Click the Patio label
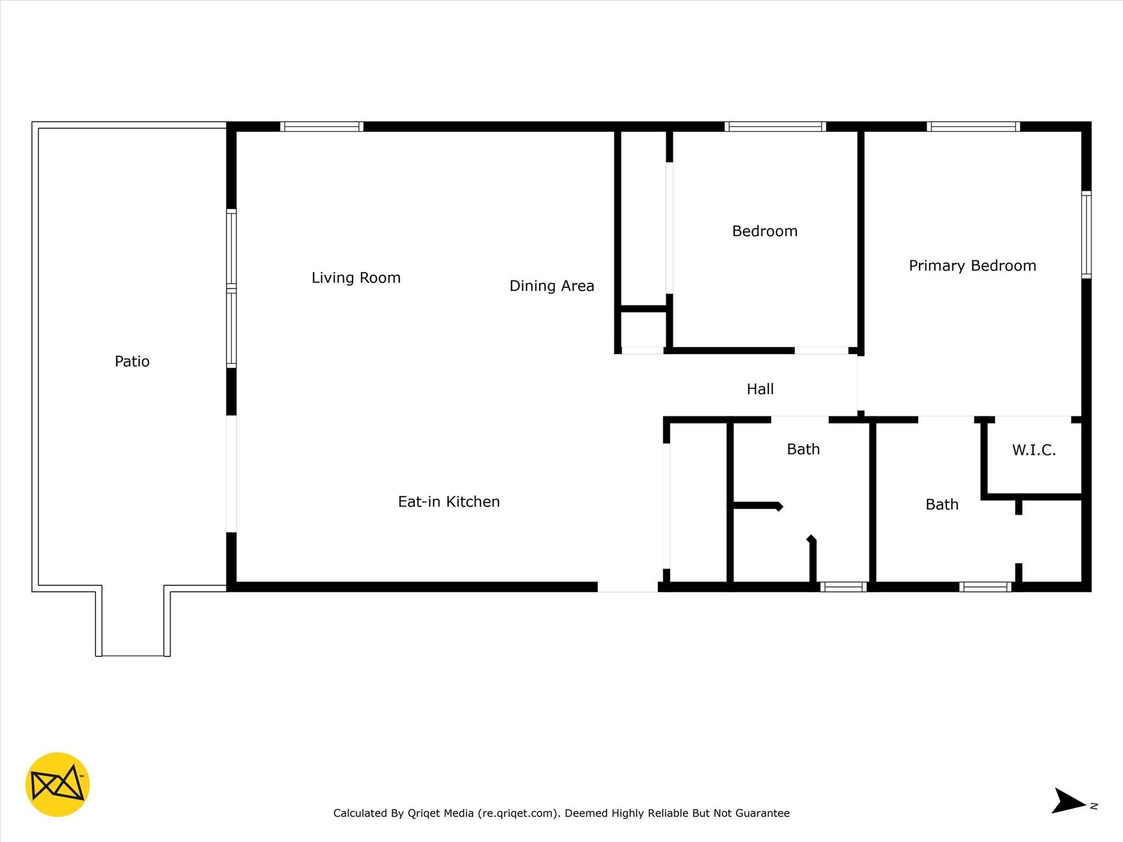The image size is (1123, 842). pyautogui.click(x=132, y=361)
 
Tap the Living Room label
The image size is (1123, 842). pyautogui.click(x=356, y=278)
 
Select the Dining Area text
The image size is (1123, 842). pyautogui.click(x=552, y=286)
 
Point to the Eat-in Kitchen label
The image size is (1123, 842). pyautogui.click(x=449, y=502)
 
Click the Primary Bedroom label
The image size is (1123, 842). pyautogui.click(x=973, y=266)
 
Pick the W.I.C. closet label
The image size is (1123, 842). pyautogui.click(x=1034, y=450)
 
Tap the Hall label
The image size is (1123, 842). pyautogui.click(x=760, y=389)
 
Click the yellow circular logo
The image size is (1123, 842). pyautogui.click(x=58, y=784)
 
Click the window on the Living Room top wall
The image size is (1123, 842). pyautogui.click(x=322, y=127)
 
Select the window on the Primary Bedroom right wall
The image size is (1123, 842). pyautogui.click(x=1086, y=235)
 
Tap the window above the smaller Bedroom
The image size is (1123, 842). pyautogui.click(x=775, y=127)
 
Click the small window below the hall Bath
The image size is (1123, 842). pyautogui.click(x=843, y=587)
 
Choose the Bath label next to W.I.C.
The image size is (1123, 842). pyautogui.click(x=942, y=504)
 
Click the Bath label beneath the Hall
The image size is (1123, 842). pyautogui.click(x=803, y=449)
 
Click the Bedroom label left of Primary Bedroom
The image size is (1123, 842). pyautogui.click(x=765, y=231)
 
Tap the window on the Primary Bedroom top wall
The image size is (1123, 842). pyautogui.click(x=973, y=127)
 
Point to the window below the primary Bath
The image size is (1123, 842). pyautogui.click(x=985, y=587)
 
